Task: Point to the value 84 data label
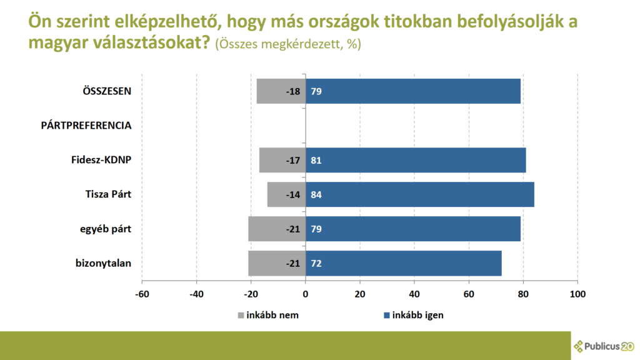click(x=316, y=194)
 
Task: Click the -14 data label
click(x=293, y=194)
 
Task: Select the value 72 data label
click(x=316, y=263)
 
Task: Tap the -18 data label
click(x=293, y=91)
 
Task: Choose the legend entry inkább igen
click(x=417, y=315)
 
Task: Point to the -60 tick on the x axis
click(x=142, y=294)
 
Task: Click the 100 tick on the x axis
click(x=577, y=294)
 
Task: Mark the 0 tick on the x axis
click(x=306, y=294)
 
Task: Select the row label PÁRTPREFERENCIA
click(x=86, y=125)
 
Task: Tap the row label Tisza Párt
click(x=108, y=194)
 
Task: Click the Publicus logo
click(x=604, y=345)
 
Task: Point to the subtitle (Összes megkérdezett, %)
click(x=287, y=45)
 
